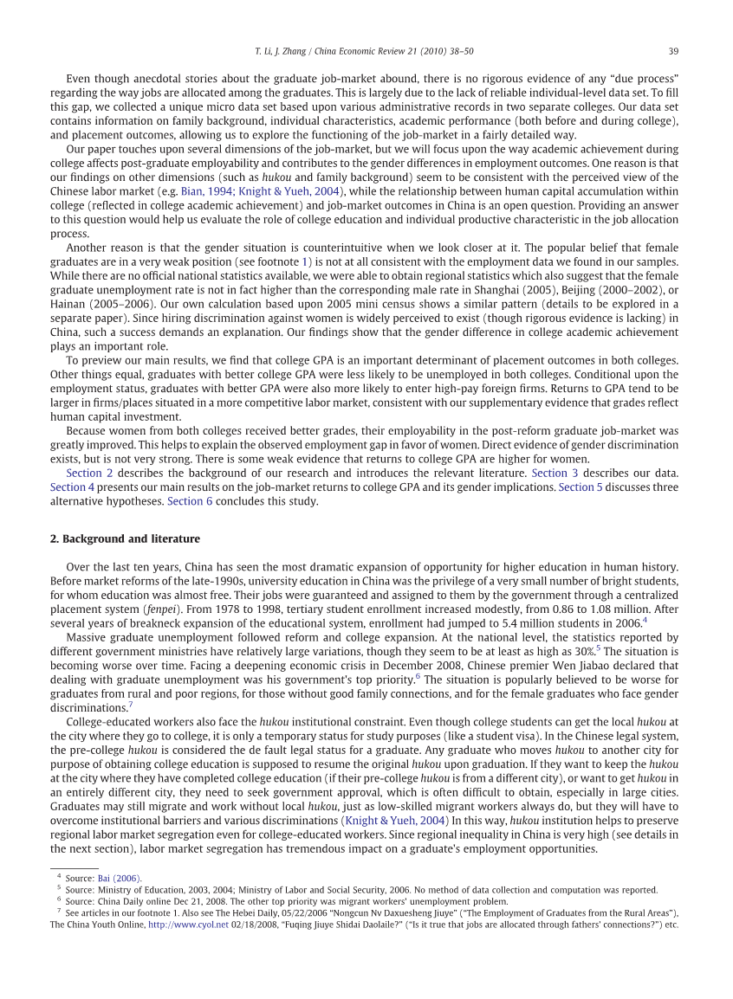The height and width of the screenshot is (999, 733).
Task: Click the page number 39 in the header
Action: point(672,49)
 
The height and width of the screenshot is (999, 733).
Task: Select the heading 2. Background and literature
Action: point(125,538)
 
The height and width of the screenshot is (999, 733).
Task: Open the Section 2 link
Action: point(89,473)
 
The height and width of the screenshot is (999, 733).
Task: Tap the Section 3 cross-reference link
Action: point(555,473)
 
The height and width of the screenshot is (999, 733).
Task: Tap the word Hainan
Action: point(71,303)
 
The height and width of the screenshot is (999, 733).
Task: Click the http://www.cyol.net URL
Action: point(188,924)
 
